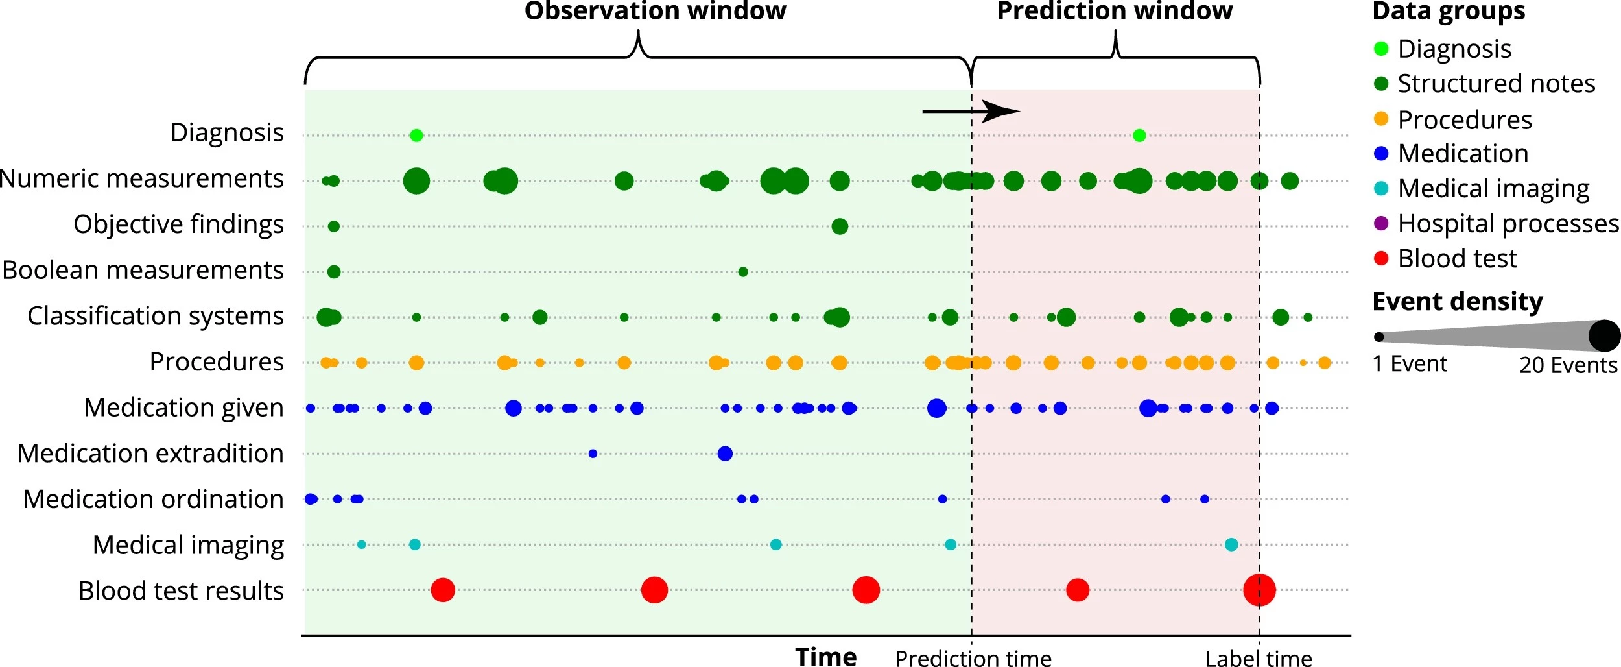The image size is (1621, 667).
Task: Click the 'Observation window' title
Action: [655, 12]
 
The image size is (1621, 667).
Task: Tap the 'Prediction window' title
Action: [1115, 12]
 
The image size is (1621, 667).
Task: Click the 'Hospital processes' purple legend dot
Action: [1381, 223]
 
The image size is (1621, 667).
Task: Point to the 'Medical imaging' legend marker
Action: [1381, 188]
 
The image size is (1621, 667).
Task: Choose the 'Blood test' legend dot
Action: [1381, 258]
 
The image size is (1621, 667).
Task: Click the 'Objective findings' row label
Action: [178, 224]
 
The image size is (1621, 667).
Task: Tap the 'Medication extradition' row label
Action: [150, 454]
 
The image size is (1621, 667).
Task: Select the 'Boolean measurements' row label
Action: [143, 270]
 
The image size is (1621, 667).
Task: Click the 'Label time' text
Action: [1259, 659]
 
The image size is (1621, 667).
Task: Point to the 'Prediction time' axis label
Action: [973, 659]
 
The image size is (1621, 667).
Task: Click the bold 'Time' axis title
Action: [826, 657]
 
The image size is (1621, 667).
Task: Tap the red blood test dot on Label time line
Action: [1259, 590]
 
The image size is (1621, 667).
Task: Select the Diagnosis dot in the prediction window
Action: [1139, 136]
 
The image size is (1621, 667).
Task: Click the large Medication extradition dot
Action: [725, 454]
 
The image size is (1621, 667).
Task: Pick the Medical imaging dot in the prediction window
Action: [1231, 544]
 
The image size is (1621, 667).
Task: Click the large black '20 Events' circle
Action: [1604, 335]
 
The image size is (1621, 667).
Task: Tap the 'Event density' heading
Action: [1458, 302]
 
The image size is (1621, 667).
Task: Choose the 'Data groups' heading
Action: [1449, 12]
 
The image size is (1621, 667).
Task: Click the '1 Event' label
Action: [1410, 364]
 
